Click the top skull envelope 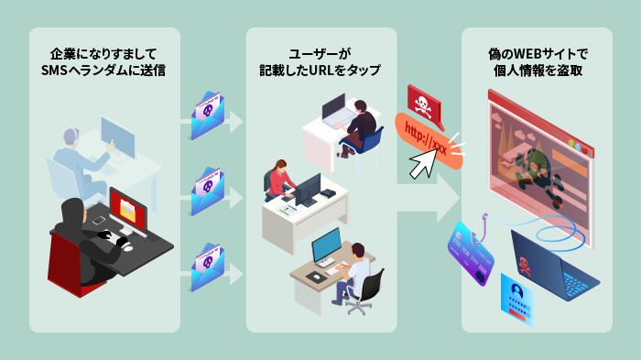click(x=209, y=114)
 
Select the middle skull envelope click(x=209, y=191)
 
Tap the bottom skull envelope click(x=209, y=267)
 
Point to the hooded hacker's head click(x=72, y=213)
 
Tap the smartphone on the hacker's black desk click(x=99, y=220)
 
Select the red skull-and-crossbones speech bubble click(x=423, y=104)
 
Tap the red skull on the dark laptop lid click(x=525, y=267)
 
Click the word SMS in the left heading click(x=56, y=71)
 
